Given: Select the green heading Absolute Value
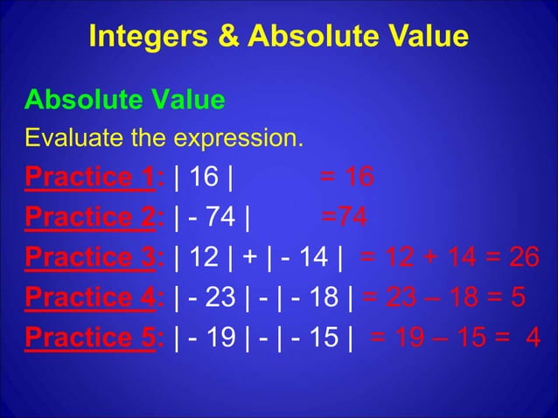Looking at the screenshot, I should point(124,101).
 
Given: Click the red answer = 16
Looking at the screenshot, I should point(347,178).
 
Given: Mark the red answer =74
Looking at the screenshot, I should point(344,217).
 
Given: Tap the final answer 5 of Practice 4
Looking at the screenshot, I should point(517,297).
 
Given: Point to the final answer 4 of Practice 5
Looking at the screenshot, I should point(532,337).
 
